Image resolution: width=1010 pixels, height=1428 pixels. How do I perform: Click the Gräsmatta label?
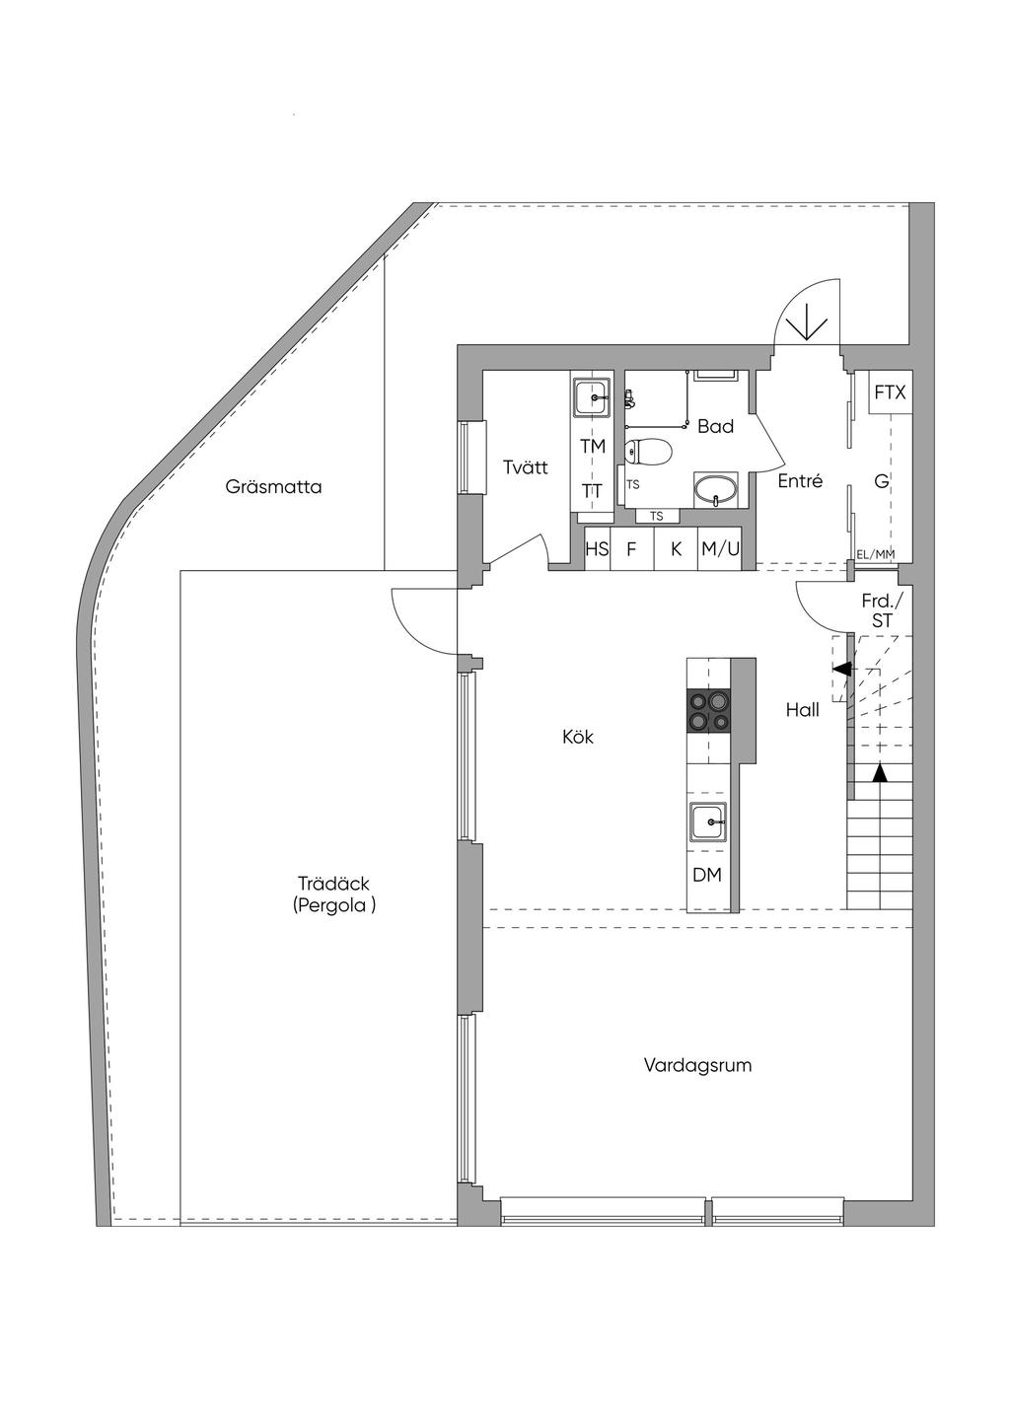[273, 487]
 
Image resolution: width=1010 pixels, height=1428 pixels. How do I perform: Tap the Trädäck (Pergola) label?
[334, 894]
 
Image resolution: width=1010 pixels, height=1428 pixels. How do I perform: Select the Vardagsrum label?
[698, 1065]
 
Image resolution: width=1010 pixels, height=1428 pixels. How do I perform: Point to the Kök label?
[578, 737]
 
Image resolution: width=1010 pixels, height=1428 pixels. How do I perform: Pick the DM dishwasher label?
[707, 875]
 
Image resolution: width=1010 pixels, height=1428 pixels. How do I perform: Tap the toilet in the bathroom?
[648, 452]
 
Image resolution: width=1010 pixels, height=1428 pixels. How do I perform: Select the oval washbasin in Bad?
[715, 488]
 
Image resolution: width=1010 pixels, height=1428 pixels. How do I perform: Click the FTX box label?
[890, 393]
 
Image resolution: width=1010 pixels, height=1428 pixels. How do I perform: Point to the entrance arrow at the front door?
[808, 321]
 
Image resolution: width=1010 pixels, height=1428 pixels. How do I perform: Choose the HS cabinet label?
[598, 550]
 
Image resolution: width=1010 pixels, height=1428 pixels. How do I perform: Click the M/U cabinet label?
[720, 550]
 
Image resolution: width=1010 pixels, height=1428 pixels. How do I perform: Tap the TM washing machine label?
[593, 447]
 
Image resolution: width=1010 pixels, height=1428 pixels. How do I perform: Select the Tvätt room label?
[525, 467]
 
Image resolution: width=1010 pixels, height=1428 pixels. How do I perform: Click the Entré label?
[800, 481]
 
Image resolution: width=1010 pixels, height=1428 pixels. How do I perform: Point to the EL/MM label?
[876, 554]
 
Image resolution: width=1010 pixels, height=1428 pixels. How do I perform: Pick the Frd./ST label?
[882, 610]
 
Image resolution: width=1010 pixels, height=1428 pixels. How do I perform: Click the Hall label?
[803, 709]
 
